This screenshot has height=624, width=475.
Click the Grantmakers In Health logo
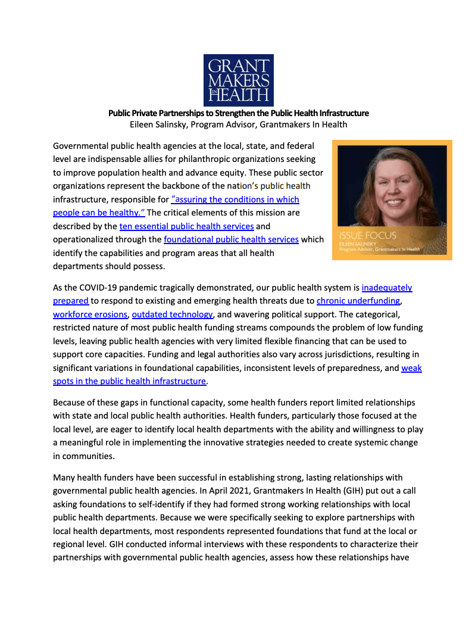238,80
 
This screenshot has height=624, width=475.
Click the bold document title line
238,113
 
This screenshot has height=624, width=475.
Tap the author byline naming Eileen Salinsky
238,124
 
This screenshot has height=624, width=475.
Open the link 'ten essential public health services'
187,226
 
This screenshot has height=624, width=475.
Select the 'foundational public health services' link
231,239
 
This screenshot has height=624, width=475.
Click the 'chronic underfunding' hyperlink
358,301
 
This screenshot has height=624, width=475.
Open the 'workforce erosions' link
90,314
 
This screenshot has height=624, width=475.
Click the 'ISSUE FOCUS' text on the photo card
367,235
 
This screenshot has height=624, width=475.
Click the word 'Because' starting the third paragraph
70,403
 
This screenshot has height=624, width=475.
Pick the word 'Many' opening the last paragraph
64,478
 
